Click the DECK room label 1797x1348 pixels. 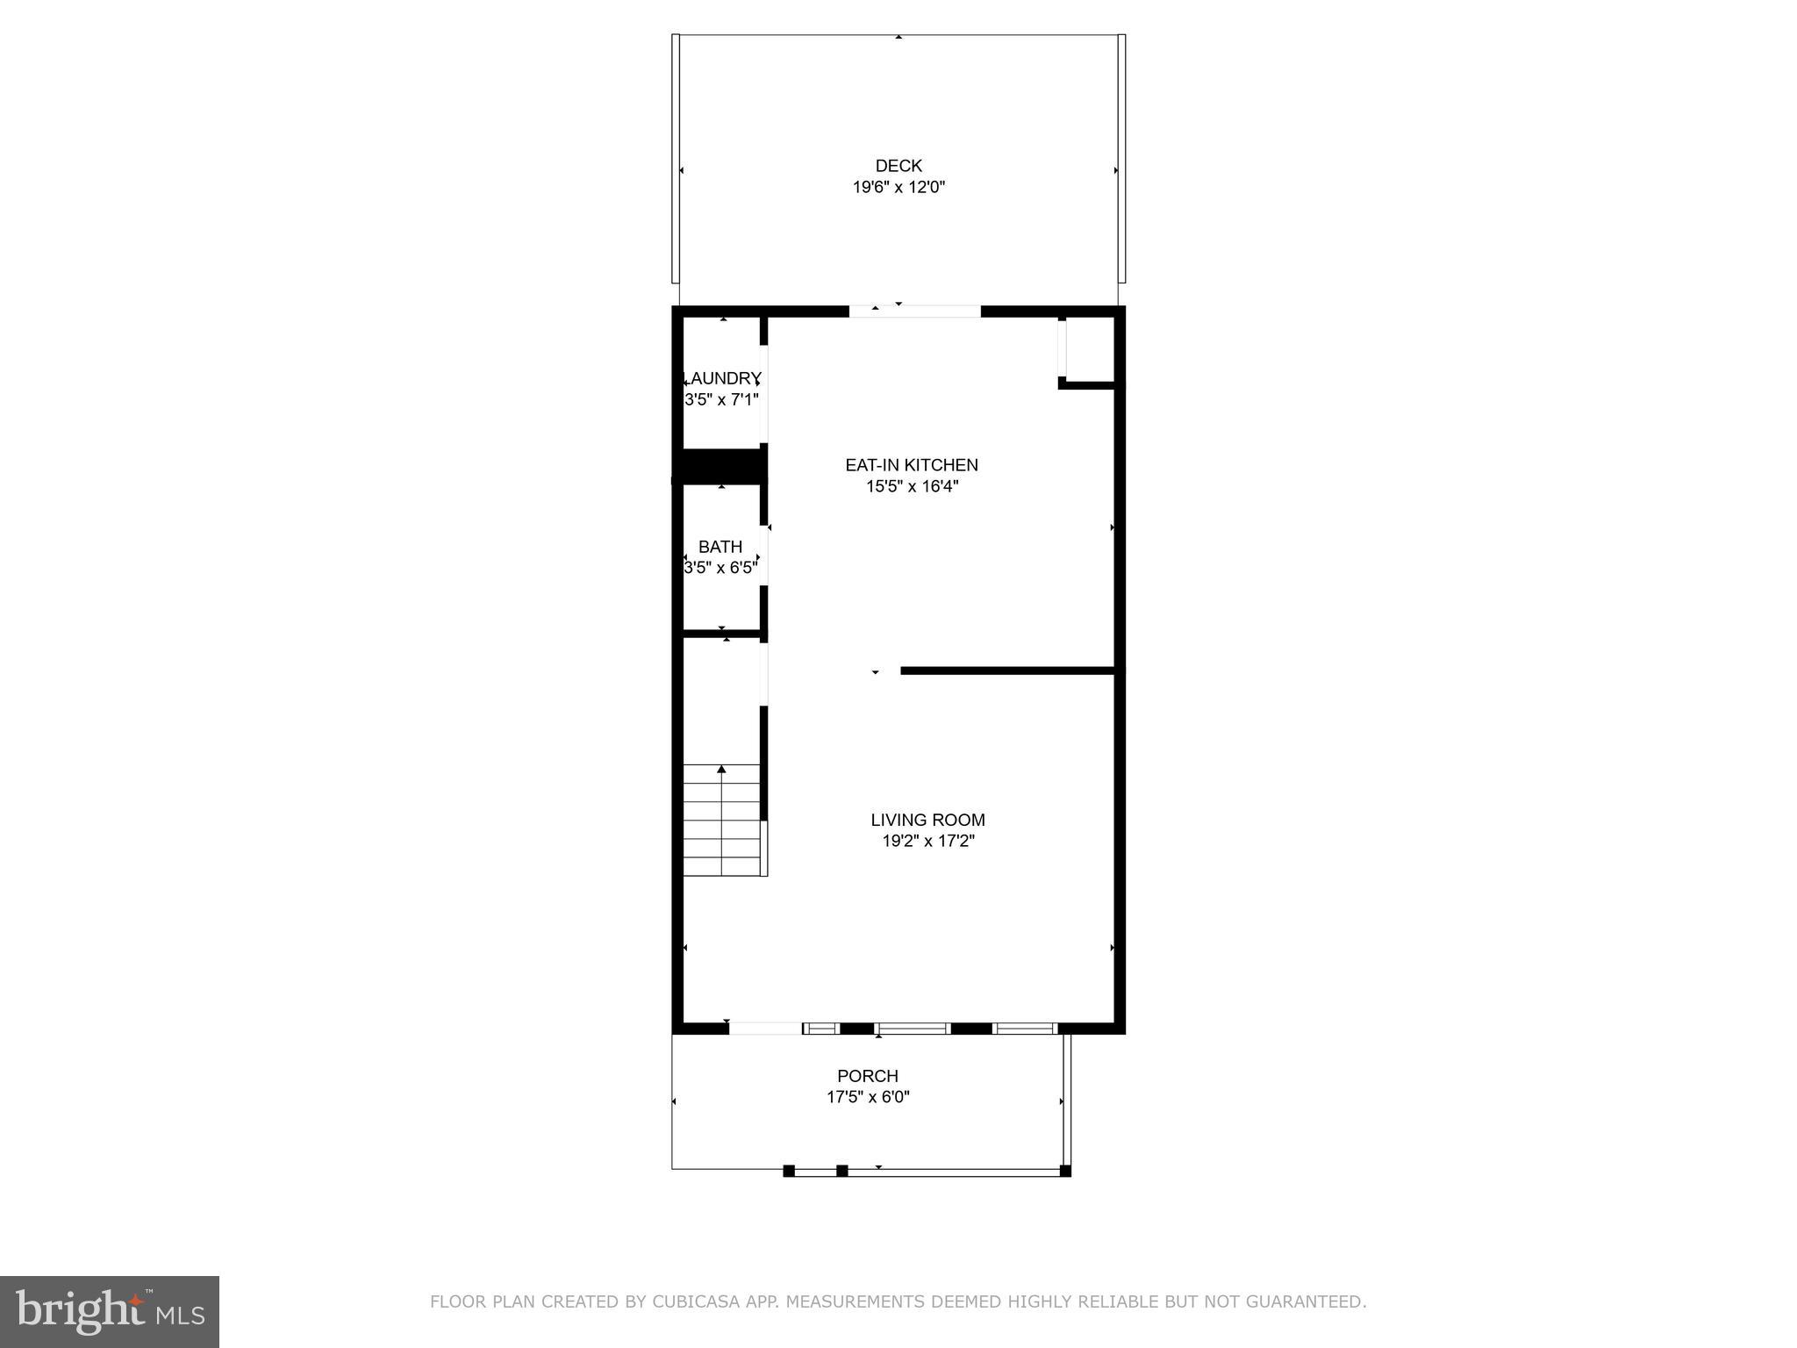[898, 166]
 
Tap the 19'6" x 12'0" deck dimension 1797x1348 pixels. [898, 187]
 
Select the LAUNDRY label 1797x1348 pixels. [722, 378]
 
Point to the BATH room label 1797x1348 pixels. [720, 547]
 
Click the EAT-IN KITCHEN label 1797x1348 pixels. [912, 465]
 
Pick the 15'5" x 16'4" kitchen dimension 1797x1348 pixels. [912, 486]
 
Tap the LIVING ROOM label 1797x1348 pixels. [927, 820]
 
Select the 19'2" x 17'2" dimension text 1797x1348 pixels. [927, 841]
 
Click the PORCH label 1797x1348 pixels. [868, 1076]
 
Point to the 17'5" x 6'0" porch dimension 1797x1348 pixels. [868, 1097]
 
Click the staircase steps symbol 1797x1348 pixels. [722, 820]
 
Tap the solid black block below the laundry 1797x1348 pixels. [720, 466]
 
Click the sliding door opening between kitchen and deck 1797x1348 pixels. [914, 312]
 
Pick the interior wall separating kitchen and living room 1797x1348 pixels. [1007, 671]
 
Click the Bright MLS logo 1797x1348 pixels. [109, 1311]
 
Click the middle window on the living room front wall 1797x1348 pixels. [913, 1029]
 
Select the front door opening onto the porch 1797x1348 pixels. [765, 1029]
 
